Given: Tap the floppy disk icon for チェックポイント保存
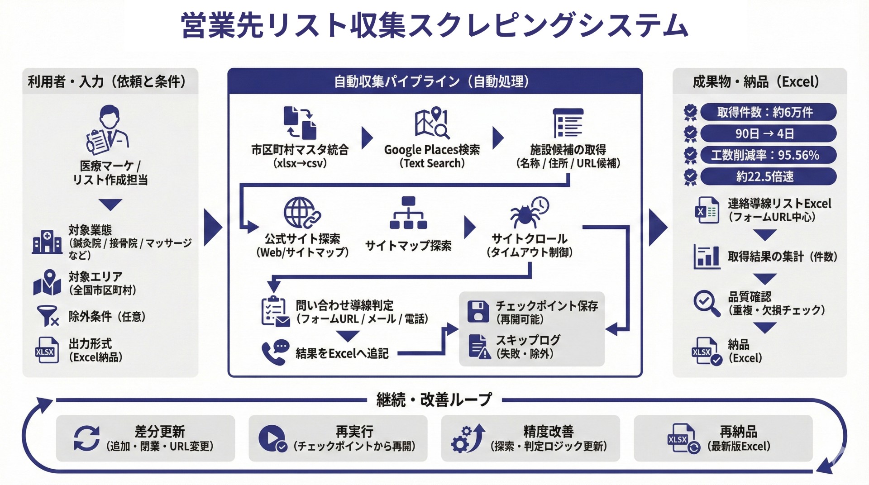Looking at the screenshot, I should pos(478,311).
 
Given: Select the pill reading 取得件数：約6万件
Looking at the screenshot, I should pos(768,112).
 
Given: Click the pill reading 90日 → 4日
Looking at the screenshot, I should pos(768,133).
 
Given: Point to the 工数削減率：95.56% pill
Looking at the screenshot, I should pos(768,155).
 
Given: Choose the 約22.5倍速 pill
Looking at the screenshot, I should pos(768,176).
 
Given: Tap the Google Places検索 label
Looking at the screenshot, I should pos(432,150).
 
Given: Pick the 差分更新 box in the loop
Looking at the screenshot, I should pos(145,438).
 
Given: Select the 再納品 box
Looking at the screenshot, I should pos(723,438).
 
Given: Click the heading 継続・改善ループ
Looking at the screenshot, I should pos(434,400).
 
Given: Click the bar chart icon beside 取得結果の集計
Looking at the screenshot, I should pos(707,257).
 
